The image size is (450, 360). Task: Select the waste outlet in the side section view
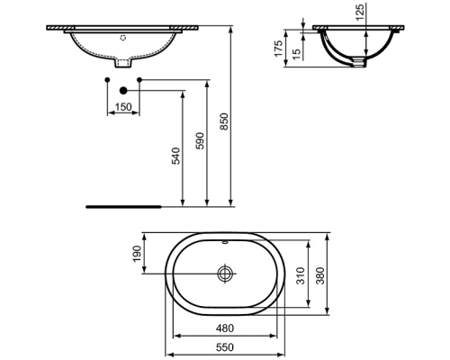pyautogui.click(x=361, y=61)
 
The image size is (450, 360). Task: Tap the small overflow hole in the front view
pyautogui.click(x=123, y=39)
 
